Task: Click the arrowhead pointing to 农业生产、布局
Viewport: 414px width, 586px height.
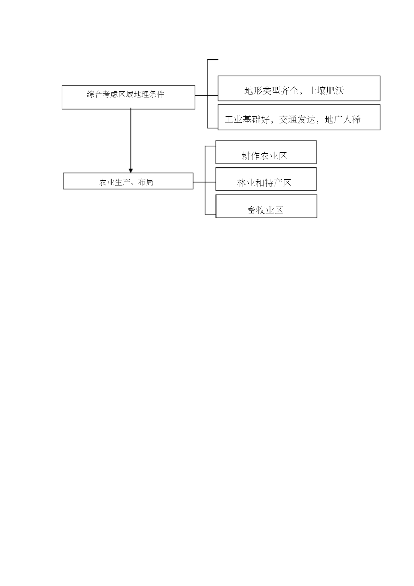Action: click(131, 171)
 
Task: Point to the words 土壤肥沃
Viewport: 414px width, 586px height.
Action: click(326, 91)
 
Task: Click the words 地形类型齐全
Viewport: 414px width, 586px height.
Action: click(271, 91)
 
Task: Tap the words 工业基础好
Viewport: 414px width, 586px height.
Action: click(247, 120)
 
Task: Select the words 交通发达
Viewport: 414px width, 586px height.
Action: click(297, 120)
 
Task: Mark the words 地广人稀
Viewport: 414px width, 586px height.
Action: click(343, 120)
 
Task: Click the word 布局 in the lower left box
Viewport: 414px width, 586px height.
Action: click(145, 182)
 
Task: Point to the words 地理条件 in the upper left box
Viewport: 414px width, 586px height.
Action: click(149, 94)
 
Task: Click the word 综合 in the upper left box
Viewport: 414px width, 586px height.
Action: click(94, 94)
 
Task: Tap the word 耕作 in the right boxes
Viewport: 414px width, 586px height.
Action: click(251, 156)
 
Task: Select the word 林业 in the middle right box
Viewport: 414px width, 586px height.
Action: click(246, 183)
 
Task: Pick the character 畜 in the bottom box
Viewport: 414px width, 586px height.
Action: click(252, 210)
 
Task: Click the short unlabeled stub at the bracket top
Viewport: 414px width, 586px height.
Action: click(213, 60)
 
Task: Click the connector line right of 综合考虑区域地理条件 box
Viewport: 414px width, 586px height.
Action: click(206, 96)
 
